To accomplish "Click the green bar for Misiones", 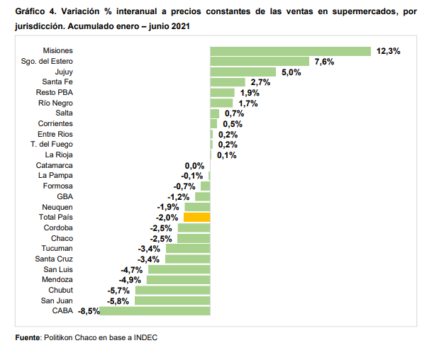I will (x=290, y=51).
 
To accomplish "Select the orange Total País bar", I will (x=196, y=217).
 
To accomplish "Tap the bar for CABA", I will (x=155, y=310).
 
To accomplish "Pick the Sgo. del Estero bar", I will (x=259, y=62).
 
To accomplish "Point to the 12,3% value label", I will (x=389, y=51).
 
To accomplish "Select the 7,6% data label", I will (x=324, y=62).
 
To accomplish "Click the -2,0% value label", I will (x=168, y=218).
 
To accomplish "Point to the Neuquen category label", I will (x=57, y=207).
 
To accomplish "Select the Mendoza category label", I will (x=57, y=279).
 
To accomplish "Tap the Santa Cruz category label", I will (x=55, y=259).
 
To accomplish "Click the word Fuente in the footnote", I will (x=28, y=337).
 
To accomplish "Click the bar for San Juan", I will (x=172, y=300).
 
